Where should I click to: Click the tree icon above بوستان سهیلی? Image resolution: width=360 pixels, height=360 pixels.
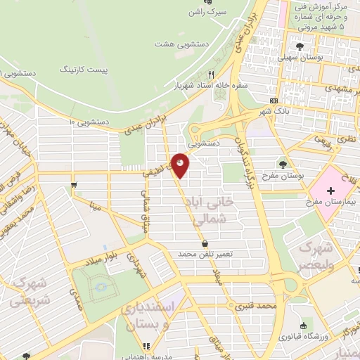tap(300, 46)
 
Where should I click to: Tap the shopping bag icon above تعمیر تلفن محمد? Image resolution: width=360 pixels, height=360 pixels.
tap(205, 243)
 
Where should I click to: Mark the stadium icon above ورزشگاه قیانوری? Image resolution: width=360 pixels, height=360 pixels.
tap(303, 325)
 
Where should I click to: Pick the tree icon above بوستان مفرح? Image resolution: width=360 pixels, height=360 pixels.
tap(283, 165)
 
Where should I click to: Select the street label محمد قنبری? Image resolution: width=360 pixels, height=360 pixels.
tap(255, 307)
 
